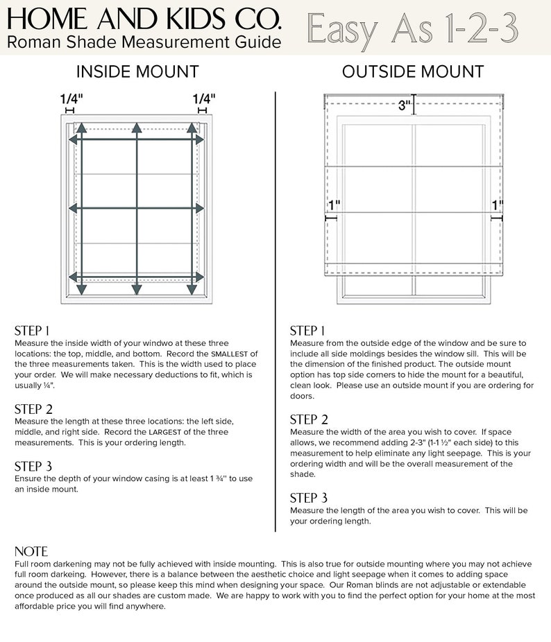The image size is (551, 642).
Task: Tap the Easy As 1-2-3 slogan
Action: point(414,28)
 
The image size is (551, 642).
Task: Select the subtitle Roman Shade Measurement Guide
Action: point(144,42)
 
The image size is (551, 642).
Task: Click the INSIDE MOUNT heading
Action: point(137,72)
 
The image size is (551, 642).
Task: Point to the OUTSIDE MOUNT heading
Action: point(413,72)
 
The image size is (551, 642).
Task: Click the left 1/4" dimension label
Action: point(70,99)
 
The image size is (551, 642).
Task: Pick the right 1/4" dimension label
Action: point(203,99)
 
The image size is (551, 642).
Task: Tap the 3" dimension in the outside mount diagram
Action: point(405,106)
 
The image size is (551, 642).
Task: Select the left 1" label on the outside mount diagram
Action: point(334,206)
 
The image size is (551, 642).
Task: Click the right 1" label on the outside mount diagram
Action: point(497,206)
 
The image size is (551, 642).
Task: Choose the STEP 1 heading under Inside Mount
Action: point(32,331)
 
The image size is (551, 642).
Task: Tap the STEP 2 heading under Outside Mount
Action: point(309,419)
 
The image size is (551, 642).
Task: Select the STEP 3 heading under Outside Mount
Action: point(309,498)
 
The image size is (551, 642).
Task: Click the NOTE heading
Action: point(31,552)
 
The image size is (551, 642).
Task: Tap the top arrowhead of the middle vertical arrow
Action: point(137,128)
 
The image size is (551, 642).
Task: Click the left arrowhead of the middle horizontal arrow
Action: point(71,207)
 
